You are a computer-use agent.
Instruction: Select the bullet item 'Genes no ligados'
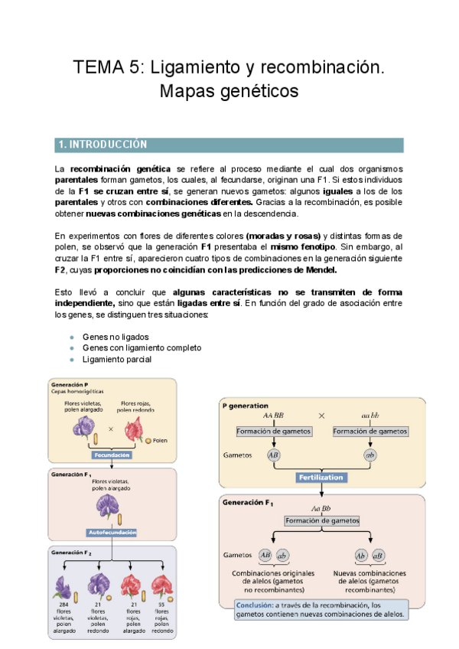click(115, 337)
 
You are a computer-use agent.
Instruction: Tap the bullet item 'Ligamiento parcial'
click(117, 359)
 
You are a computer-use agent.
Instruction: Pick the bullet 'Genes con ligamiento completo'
click(142, 347)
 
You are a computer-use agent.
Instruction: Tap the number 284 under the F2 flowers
click(63, 605)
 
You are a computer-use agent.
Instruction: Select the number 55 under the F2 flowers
click(161, 605)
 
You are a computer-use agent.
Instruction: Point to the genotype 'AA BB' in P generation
click(273, 416)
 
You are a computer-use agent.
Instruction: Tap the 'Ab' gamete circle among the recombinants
click(361, 555)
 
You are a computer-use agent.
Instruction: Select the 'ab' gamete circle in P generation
click(369, 455)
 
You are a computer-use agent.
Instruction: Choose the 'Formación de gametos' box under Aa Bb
click(321, 521)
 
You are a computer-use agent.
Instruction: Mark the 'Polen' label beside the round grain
click(160, 441)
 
